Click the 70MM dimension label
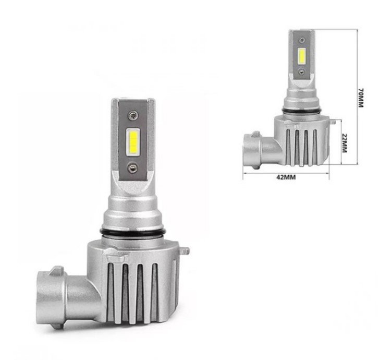pos(361,98)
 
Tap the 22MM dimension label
pos(344,143)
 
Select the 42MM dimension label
pos(286,177)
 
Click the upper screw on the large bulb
pos(132,115)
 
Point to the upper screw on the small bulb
pos(303,40)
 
